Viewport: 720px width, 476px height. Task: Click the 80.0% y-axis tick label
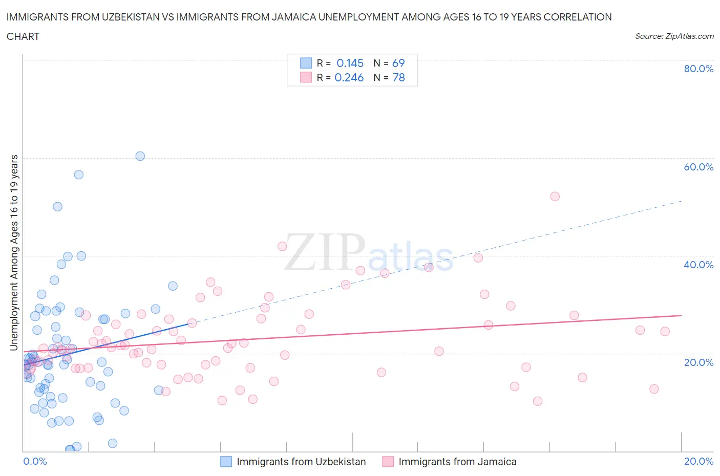click(x=698, y=69)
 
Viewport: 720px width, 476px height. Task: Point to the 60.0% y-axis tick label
click(x=698, y=167)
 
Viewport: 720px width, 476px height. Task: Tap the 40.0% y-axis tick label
click(x=698, y=265)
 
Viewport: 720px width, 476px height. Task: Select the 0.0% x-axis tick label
click(x=35, y=461)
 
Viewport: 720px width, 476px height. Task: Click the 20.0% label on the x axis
click(x=698, y=461)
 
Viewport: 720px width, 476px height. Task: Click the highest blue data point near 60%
click(x=140, y=156)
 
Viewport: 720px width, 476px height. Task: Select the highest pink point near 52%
click(x=555, y=197)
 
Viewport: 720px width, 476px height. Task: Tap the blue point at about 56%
click(x=78, y=175)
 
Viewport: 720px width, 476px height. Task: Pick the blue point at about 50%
click(x=57, y=207)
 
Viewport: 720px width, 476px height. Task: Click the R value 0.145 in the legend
click(x=350, y=63)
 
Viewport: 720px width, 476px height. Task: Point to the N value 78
click(x=398, y=77)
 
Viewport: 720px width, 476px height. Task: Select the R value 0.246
click(x=349, y=77)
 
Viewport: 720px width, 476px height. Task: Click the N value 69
click(x=398, y=63)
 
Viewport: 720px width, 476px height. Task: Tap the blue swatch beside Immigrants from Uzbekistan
click(x=226, y=462)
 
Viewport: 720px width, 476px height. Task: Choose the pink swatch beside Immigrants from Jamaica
click(x=388, y=462)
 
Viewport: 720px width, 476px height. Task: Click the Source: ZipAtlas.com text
click(x=674, y=36)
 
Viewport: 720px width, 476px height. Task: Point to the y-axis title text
click(x=14, y=252)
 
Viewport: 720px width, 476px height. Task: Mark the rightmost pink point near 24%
click(x=665, y=331)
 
